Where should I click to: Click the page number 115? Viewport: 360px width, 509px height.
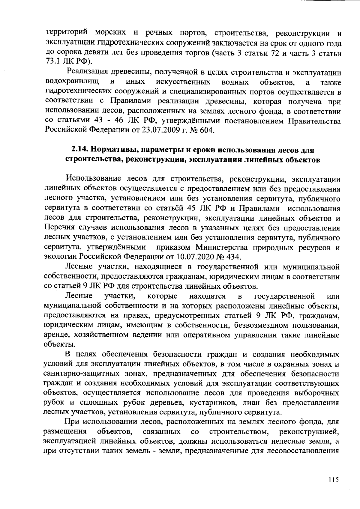333,479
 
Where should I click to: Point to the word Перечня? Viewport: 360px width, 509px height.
58,228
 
